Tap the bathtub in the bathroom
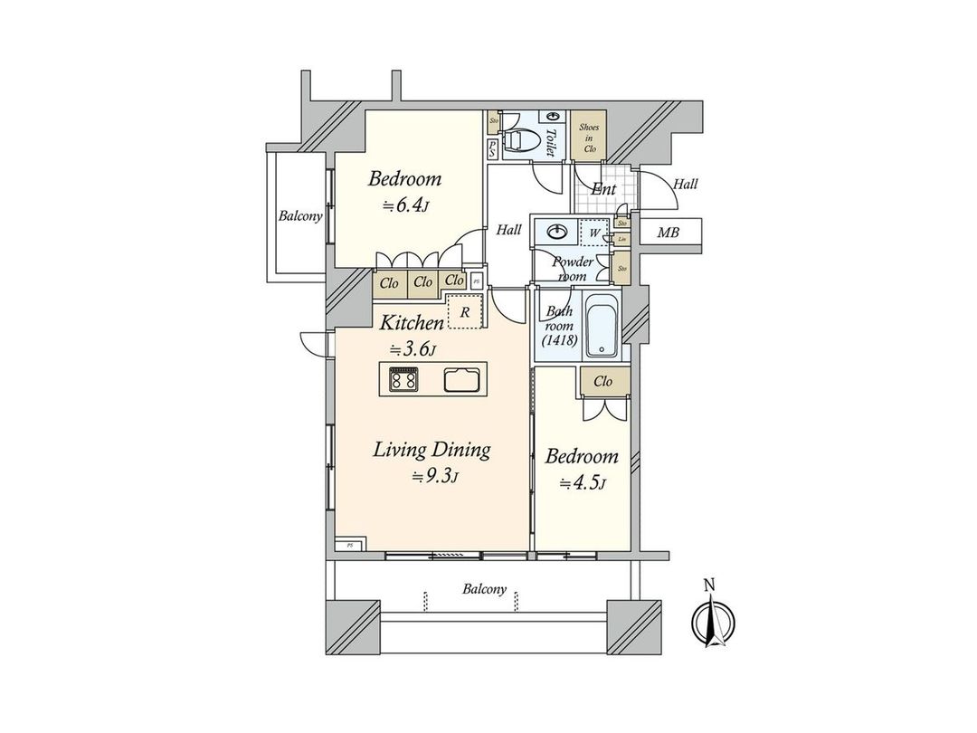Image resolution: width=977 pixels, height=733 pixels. (x=601, y=327)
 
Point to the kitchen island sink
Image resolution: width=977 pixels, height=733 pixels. (x=465, y=380)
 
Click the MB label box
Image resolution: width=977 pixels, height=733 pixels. (x=669, y=233)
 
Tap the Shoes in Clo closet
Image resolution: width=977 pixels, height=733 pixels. (x=589, y=135)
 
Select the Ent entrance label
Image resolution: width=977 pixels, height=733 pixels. (x=603, y=190)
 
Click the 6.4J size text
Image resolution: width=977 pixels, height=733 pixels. (x=405, y=205)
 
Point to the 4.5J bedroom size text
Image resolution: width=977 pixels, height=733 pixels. (x=582, y=483)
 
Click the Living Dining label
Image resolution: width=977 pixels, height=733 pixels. (x=432, y=450)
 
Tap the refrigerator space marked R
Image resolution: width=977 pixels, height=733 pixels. (x=465, y=312)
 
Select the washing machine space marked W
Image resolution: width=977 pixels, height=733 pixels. (x=594, y=233)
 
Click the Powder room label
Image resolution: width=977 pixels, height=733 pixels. (x=572, y=268)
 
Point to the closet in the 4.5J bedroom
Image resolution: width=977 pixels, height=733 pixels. (x=602, y=382)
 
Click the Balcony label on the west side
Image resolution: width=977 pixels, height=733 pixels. (x=300, y=216)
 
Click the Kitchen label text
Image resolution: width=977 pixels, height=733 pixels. (x=411, y=323)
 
